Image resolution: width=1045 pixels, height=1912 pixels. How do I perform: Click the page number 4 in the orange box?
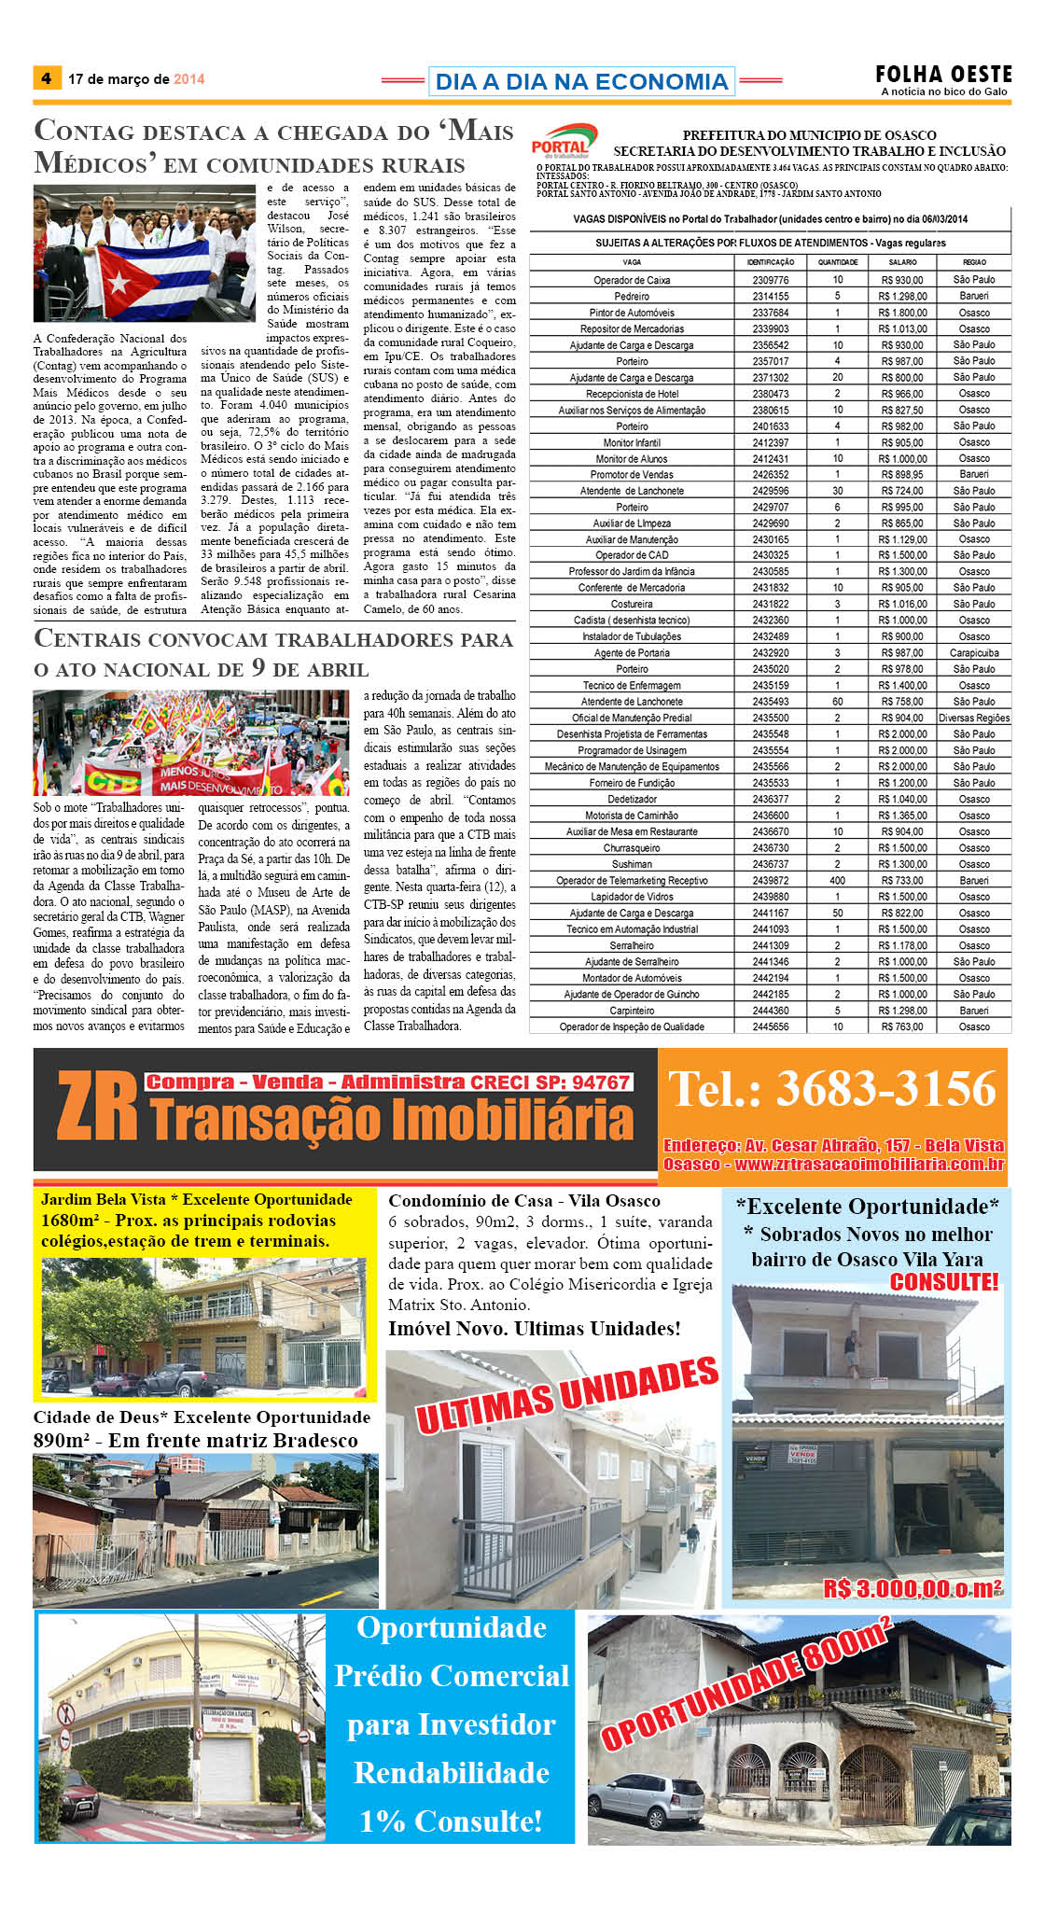point(47,78)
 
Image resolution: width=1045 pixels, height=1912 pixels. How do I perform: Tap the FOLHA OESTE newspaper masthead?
point(943,75)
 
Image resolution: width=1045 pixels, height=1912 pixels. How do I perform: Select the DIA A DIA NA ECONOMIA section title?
point(581,82)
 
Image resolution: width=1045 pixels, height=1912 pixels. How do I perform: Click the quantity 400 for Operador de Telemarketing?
point(837,881)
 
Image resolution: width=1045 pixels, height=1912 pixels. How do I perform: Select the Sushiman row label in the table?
point(632,864)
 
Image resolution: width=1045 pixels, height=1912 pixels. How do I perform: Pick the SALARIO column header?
point(902,262)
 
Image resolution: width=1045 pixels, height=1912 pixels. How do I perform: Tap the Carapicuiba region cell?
point(974,653)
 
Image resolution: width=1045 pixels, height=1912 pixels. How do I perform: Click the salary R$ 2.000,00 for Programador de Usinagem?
point(902,750)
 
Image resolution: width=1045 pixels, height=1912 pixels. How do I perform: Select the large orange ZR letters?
point(96,1108)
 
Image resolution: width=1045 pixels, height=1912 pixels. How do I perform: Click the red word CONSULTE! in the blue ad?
point(943,1282)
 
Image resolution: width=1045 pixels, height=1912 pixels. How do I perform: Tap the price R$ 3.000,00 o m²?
point(912,1589)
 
